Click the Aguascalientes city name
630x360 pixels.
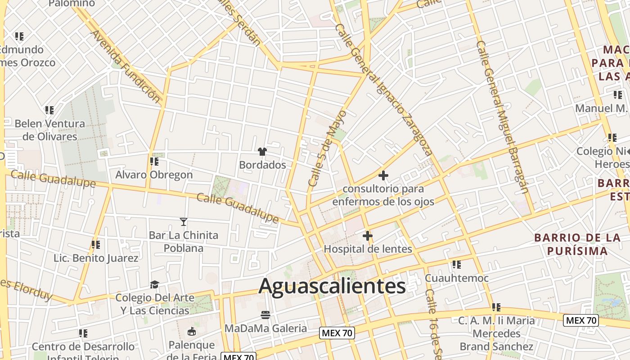click(332, 286)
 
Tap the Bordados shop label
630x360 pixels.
click(262, 165)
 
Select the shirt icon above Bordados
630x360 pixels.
click(262, 152)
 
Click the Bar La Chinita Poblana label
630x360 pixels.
click(184, 241)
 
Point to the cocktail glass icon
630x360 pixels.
click(184, 221)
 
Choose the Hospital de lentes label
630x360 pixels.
click(368, 249)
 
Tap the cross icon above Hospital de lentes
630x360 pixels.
click(368, 235)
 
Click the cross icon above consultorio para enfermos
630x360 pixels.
click(383, 175)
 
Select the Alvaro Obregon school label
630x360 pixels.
click(154, 175)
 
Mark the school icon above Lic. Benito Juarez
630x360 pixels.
click(95, 245)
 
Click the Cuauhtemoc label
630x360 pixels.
click(457, 278)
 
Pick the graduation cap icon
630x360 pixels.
click(155, 284)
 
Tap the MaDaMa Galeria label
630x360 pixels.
click(265, 328)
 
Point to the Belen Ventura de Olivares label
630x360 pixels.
click(49, 130)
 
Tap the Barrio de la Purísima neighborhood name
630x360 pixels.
click(577, 244)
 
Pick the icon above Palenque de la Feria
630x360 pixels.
click(192, 332)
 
